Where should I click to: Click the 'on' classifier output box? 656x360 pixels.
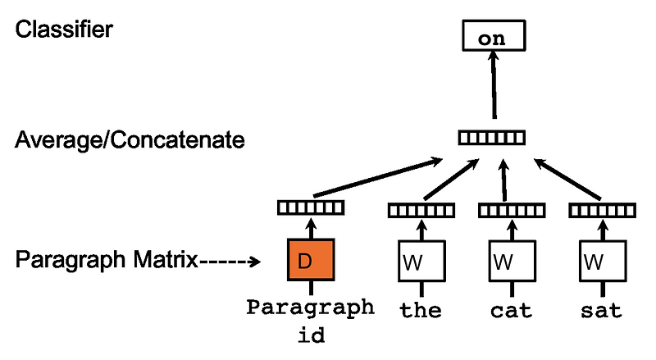tap(492, 36)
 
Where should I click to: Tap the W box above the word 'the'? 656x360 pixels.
tap(421, 263)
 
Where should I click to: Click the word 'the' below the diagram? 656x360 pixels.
tap(421, 311)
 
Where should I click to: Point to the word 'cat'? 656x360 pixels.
tap(511, 311)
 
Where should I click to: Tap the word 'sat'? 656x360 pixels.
tap(601, 311)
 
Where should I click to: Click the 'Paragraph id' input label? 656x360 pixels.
tap(310, 320)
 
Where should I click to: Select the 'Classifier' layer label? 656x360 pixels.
tap(64, 30)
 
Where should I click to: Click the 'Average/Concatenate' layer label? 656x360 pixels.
tap(130, 139)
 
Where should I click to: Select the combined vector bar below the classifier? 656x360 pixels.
tap(491, 137)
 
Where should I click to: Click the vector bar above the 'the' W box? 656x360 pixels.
tap(421, 211)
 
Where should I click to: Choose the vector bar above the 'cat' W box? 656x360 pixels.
tap(511, 211)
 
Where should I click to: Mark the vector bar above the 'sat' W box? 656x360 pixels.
tap(601, 211)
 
